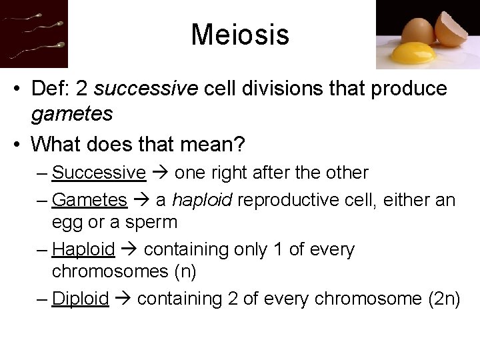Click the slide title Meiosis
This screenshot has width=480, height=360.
pos(240,35)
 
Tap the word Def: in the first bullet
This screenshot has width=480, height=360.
pos(54,89)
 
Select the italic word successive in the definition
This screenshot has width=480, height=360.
pos(147,89)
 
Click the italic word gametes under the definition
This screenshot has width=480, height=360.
pos(72,114)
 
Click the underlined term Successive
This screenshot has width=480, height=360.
pos(99,173)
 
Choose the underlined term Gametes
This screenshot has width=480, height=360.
pos(89,200)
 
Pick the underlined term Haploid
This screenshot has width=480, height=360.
pos(83,249)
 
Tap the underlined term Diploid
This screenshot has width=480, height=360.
pos(80,299)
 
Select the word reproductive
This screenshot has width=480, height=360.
pos(303,200)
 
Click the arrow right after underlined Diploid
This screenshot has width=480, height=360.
pos(123,299)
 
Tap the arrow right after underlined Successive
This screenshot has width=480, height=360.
pos(160,173)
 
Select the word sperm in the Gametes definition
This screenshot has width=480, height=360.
pos(153,222)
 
